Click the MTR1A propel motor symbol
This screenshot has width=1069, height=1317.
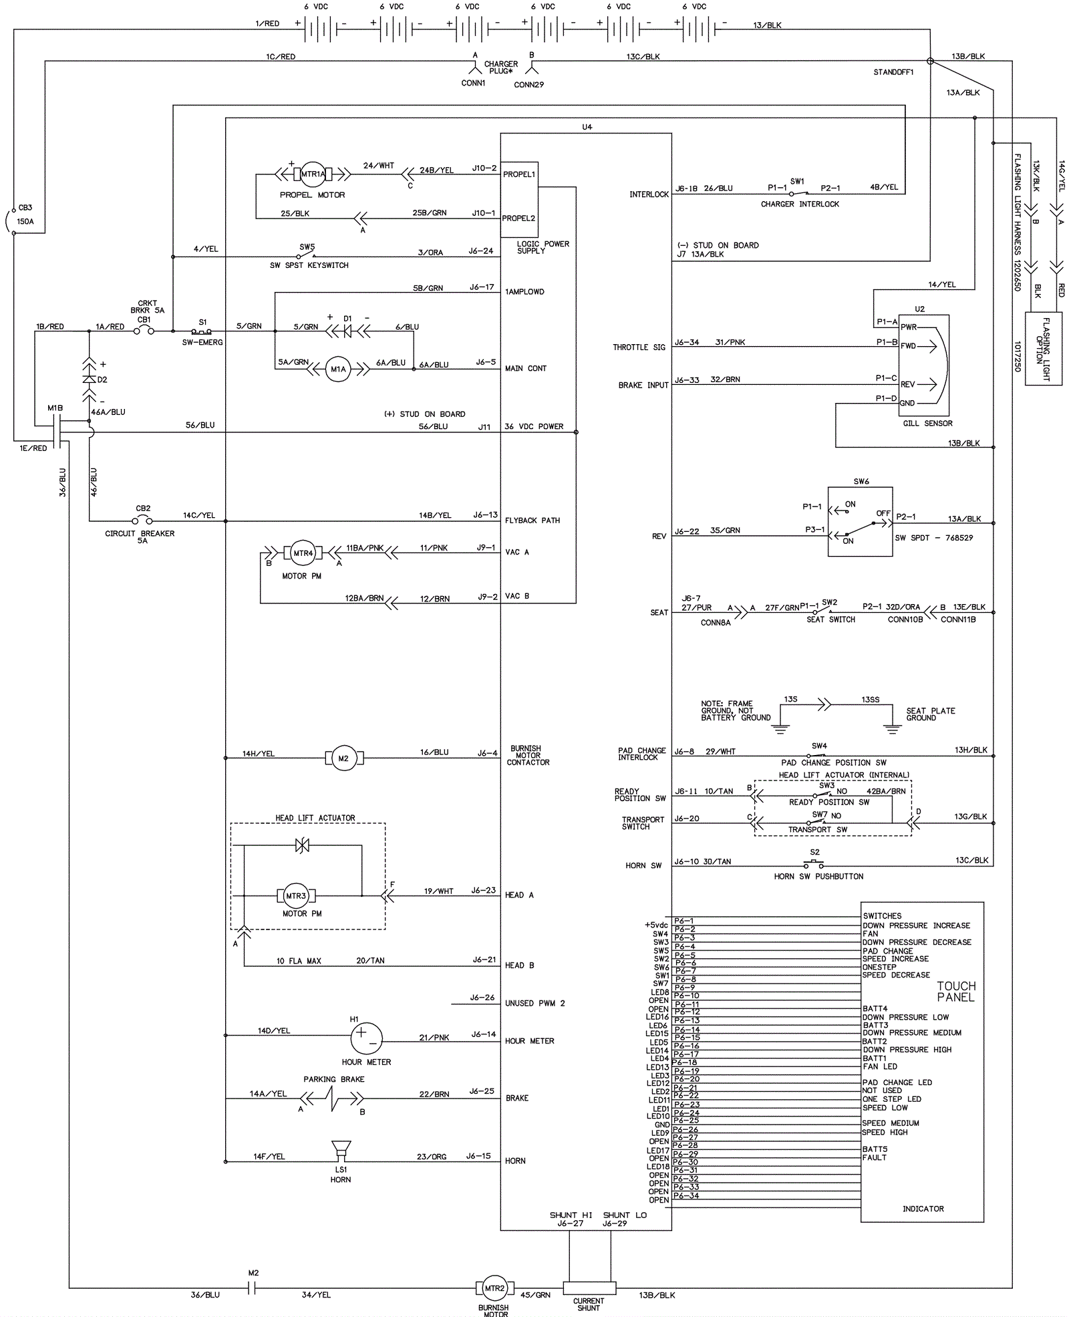(312, 174)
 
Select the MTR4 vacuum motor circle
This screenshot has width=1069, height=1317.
(303, 553)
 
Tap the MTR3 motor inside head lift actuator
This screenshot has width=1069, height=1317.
(296, 896)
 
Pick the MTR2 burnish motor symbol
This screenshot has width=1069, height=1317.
(494, 1288)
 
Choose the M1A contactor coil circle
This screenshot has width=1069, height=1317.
(338, 369)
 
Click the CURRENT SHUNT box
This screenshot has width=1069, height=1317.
(589, 1288)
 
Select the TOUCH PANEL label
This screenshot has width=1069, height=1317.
(956, 992)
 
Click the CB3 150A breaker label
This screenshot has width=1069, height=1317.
(25, 214)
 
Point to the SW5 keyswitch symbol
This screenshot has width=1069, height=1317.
(307, 255)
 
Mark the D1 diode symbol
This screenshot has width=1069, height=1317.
(347, 330)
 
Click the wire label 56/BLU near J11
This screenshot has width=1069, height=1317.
(433, 426)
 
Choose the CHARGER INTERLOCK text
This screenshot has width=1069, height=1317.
(800, 204)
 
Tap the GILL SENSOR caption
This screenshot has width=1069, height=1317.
(927, 423)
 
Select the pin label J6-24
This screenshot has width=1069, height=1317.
(481, 251)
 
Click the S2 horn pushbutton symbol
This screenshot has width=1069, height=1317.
(814, 863)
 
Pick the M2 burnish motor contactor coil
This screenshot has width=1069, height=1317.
(343, 758)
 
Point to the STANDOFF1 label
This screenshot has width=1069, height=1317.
(893, 72)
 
